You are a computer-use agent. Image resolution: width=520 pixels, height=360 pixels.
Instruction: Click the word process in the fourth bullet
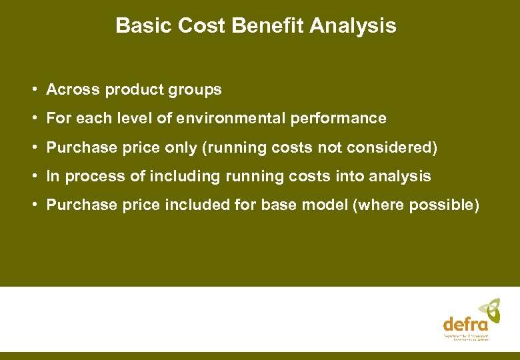(x=89, y=177)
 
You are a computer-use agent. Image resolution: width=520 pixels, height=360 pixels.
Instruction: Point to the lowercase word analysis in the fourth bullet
(x=399, y=177)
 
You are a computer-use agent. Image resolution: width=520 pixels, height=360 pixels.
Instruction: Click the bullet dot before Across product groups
(x=33, y=89)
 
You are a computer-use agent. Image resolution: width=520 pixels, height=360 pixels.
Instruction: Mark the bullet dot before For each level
(x=33, y=119)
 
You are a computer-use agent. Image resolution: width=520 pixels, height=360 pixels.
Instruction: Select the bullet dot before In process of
(x=33, y=177)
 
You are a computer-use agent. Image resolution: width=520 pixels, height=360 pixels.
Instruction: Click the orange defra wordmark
(x=465, y=325)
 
